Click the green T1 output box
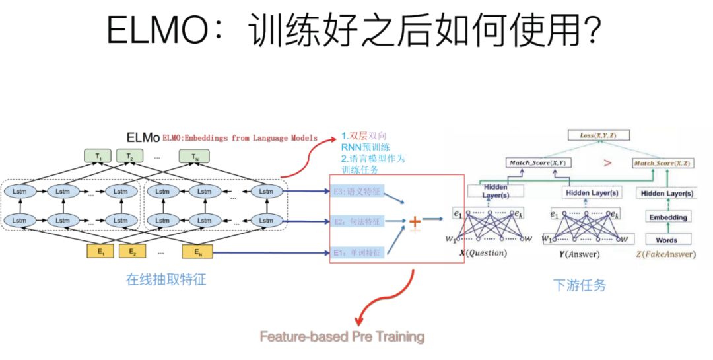(98, 157)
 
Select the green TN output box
(194, 157)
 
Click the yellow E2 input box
(133, 252)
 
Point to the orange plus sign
(415, 221)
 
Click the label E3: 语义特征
(356, 192)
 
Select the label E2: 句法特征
(356, 221)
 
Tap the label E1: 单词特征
(356, 252)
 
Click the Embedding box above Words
(667, 217)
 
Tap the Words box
(667, 239)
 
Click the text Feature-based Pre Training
(341, 337)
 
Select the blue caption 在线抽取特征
(166, 279)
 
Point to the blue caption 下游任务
(579, 285)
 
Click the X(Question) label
(484, 253)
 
